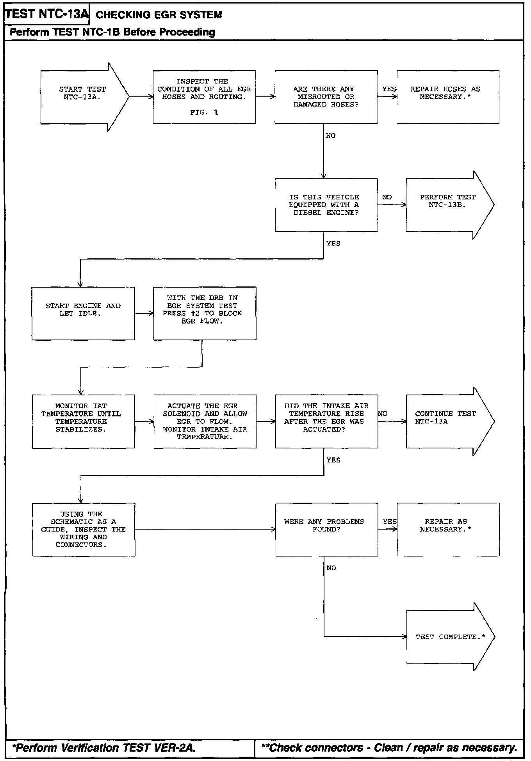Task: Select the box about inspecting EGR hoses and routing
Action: pos(204,97)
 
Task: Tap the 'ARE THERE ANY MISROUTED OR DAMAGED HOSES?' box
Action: pos(326,97)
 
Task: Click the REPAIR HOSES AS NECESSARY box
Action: pos(448,97)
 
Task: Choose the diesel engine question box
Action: pos(326,205)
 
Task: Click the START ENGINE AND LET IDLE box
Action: pos(83,313)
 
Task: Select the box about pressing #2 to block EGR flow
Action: pos(205,313)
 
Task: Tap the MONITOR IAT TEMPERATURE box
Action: pos(84,421)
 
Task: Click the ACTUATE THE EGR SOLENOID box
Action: pos(205,421)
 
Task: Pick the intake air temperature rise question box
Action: pos(326,421)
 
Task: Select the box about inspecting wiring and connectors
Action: pos(84,530)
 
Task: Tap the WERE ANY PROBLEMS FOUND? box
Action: pos(326,530)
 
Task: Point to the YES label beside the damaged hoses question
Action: pos(389,89)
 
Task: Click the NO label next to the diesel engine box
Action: pos(387,197)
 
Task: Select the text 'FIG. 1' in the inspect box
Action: pos(204,112)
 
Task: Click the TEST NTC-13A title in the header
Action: pos(47,14)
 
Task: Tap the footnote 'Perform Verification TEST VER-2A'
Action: pos(104,748)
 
